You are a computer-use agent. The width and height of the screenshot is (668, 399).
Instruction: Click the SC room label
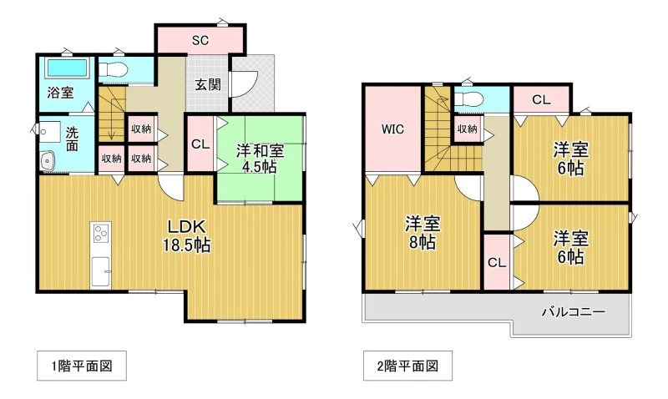click(x=200, y=40)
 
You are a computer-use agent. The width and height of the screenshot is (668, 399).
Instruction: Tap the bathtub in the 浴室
click(x=67, y=68)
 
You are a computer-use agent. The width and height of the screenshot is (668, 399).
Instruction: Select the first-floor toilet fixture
click(x=114, y=69)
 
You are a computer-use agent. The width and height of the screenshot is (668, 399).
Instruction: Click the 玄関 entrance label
click(x=208, y=84)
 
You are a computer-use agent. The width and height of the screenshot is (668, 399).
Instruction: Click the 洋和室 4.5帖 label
click(x=260, y=159)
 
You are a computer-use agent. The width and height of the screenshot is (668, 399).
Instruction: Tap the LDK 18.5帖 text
click(x=186, y=236)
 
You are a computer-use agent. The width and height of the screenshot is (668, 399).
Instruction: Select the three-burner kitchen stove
click(x=101, y=233)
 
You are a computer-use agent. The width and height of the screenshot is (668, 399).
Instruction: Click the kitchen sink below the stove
click(x=101, y=271)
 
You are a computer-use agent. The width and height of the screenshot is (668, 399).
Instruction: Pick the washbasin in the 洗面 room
click(x=48, y=161)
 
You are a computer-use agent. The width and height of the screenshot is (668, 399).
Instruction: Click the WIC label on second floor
click(x=392, y=129)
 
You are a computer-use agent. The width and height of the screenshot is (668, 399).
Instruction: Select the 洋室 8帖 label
click(x=423, y=233)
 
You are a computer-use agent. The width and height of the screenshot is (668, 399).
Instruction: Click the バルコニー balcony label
click(x=574, y=311)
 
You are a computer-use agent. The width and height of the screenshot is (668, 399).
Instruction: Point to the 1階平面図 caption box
click(x=82, y=366)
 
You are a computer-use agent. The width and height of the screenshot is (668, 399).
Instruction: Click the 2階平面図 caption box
click(x=407, y=366)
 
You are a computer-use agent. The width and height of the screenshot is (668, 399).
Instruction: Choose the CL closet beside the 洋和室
click(x=200, y=144)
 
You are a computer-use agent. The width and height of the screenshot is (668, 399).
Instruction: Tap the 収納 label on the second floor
click(x=468, y=129)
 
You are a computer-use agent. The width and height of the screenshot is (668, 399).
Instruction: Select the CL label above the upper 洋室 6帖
click(x=541, y=100)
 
